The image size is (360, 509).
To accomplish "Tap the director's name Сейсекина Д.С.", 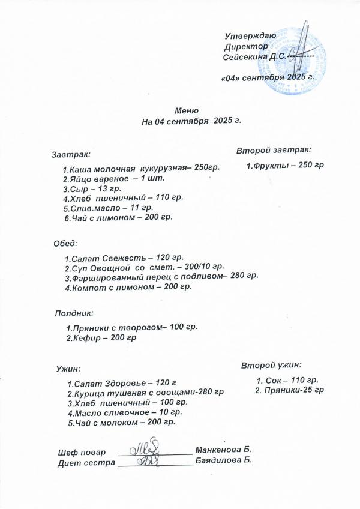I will click(254, 57).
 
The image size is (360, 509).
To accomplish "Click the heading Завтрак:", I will click(71, 155).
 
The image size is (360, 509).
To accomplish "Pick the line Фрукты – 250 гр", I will click(285, 165).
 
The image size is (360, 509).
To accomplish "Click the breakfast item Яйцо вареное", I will click(113, 178).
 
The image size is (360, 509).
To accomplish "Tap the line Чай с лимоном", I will click(118, 217).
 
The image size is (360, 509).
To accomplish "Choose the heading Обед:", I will click(65, 244).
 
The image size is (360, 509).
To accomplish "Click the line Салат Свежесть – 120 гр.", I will click(124, 257).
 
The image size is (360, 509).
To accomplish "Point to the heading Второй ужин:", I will click(271, 365).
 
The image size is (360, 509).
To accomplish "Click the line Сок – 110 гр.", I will click(287, 380).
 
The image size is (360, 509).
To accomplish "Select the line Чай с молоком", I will click(121, 423).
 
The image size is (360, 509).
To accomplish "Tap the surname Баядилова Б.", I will click(224, 460).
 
